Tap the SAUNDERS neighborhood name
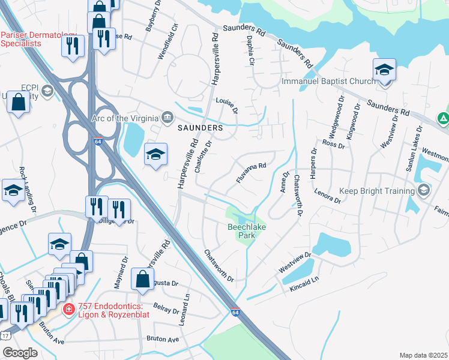[x=200, y=128]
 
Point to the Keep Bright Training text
[x=378, y=191]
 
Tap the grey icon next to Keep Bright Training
[x=424, y=190]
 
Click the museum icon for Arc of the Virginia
[x=167, y=116]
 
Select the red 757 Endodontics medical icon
[x=69, y=310]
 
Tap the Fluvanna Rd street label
[x=250, y=169]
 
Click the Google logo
[x=20, y=353]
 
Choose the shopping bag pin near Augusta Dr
[x=143, y=279]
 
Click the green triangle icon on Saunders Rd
[x=443, y=119]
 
